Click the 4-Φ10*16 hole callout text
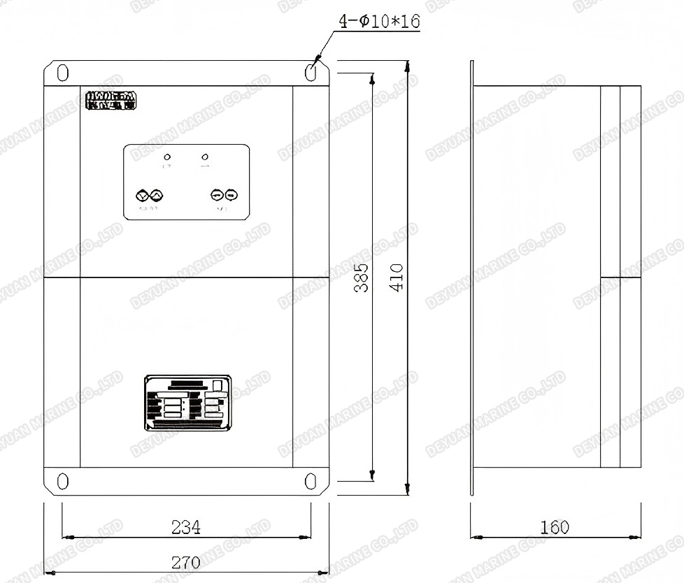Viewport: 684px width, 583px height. [378, 22]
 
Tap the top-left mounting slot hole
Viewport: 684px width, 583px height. [62, 73]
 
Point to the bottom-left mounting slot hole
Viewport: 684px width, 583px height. [62, 481]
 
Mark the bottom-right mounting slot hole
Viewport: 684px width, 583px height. [311, 481]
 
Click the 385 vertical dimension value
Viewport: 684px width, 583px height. [361, 278]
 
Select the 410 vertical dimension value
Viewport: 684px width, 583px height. [397, 278]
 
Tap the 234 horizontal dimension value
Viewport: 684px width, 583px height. [186, 527]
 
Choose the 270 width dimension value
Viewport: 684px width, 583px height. [186, 562]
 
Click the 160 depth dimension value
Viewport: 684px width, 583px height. [555, 527]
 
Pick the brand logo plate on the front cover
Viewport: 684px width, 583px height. [112, 101]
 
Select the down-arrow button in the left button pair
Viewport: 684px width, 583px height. [140, 196]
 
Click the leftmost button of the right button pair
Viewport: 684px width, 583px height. [218, 196]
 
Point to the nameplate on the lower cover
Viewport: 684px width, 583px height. [187, 403]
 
